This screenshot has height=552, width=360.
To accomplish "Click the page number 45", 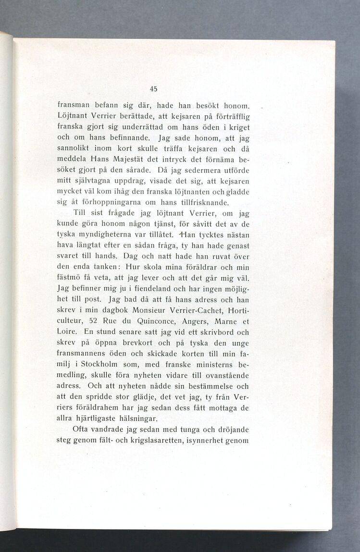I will click(154, 88).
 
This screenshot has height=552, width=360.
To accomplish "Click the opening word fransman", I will click(72, 105).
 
